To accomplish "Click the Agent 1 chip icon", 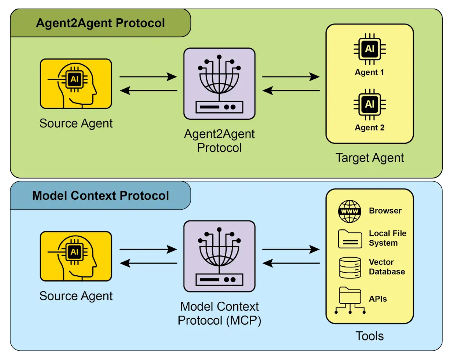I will [369, 49].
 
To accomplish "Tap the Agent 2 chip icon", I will [369, 104].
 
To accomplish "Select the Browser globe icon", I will [350, 211].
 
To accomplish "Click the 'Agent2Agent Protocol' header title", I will [100, 23].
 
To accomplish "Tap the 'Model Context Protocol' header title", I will [100, 195].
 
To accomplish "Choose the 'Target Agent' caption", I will [369, 158].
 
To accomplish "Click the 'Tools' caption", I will [369, 336].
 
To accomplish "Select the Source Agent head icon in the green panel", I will [76, 84].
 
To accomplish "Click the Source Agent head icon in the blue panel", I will [76, 256].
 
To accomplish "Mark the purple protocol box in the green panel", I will [219, 84].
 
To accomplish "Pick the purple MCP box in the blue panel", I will [219, 256].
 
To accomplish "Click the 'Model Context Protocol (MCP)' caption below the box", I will [219, 314].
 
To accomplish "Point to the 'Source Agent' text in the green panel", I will [76, 124].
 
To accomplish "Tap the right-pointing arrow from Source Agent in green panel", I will [148, 77].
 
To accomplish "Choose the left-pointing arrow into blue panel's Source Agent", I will [148, 263].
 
